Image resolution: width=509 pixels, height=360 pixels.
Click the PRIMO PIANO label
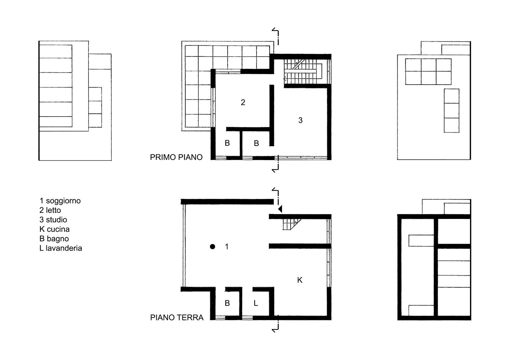coord(176,157)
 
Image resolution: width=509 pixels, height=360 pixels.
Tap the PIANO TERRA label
coord(177,317)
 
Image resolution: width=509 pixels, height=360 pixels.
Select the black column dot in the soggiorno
coord(212,247)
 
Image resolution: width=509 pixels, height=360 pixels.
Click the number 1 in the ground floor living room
coord(227,247)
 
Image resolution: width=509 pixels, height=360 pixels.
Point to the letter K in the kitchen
coord(300,280)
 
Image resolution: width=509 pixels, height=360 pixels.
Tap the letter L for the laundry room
coord(256,303)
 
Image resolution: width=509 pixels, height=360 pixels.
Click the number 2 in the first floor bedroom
coord(243,103)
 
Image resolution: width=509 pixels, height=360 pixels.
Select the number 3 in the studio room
coord(300,120)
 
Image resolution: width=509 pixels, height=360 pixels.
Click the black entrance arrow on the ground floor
coord(280,209)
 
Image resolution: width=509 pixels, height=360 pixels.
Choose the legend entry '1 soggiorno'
coord(60,201)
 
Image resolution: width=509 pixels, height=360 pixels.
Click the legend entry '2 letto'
coord(50,210)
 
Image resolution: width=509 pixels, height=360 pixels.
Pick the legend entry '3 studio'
coord(53,220)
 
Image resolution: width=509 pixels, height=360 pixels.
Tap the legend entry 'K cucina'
coord(55,229)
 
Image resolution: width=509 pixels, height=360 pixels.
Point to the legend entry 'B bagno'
coord(54,239)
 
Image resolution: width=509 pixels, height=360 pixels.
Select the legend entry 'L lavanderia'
coord(61,248)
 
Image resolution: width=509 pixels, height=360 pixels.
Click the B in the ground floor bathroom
coord(227,303)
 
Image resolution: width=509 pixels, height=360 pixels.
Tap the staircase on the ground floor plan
coord(292,225)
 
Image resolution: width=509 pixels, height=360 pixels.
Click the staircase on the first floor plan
coord(303,72)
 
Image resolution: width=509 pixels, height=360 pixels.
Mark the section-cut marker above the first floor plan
coord(276,36)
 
